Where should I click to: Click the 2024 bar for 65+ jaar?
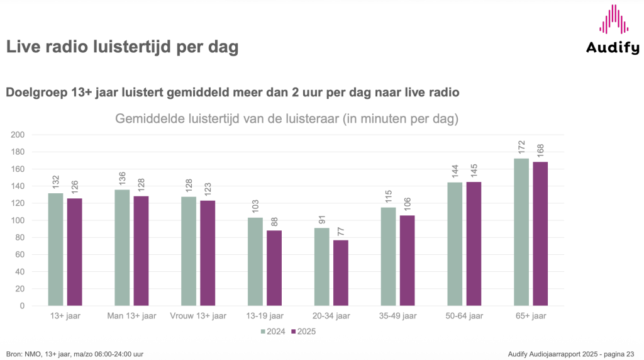(521, 232)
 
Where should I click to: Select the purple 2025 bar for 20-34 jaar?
(340, 273)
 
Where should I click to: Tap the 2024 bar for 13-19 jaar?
(255, 261)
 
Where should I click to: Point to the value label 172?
(521, 147)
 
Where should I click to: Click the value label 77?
(341, 228)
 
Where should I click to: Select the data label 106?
(407, 204)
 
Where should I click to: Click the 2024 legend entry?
(271, 330)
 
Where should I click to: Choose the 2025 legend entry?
(303, 330)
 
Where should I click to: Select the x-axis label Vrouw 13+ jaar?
(197, 315)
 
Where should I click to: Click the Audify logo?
(613, 29)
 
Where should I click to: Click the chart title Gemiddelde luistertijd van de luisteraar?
(286, 118)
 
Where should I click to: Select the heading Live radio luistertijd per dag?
(122, 47)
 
